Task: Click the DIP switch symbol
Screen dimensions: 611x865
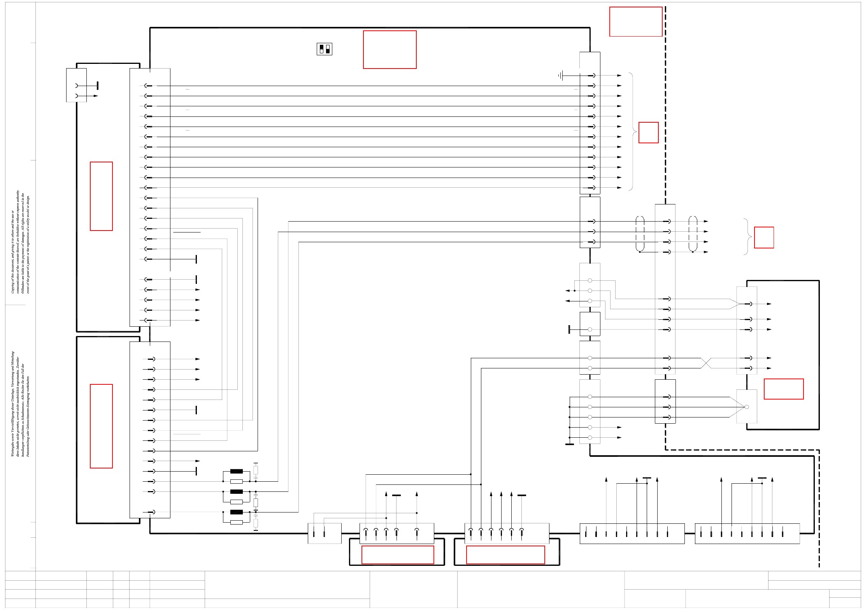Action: click(324, 49)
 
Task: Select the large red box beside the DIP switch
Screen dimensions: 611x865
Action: click(390, 49)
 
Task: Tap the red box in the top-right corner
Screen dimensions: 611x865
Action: click(635, 22)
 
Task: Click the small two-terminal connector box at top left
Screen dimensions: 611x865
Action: click(76, 85)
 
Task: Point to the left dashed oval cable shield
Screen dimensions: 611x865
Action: click(640, 234)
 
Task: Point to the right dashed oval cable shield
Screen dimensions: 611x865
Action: click(693, 234)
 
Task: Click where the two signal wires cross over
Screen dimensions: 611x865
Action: click(706, 363)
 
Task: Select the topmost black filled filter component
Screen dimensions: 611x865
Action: click(236, 471)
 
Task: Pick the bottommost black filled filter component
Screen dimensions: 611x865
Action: click(236, 512)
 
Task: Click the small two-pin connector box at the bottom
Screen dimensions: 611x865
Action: click(324, 533)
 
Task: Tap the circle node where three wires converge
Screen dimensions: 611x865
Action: click(746, 407)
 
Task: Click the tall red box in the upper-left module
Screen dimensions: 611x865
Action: click(101, 196)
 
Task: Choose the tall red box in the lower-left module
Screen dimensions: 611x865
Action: click(101, 426)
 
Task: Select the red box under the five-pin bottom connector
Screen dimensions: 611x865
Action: click(397, 555)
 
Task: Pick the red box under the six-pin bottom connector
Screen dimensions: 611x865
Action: click(505, 555)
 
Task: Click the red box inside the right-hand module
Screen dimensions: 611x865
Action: click(783, 389)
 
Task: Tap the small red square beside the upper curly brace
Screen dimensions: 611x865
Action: click(648, 132)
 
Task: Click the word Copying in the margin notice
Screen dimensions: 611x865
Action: click(12, 286)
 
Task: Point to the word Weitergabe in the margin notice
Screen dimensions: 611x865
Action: click(12, 448)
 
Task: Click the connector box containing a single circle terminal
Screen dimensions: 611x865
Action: click(590, 324)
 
